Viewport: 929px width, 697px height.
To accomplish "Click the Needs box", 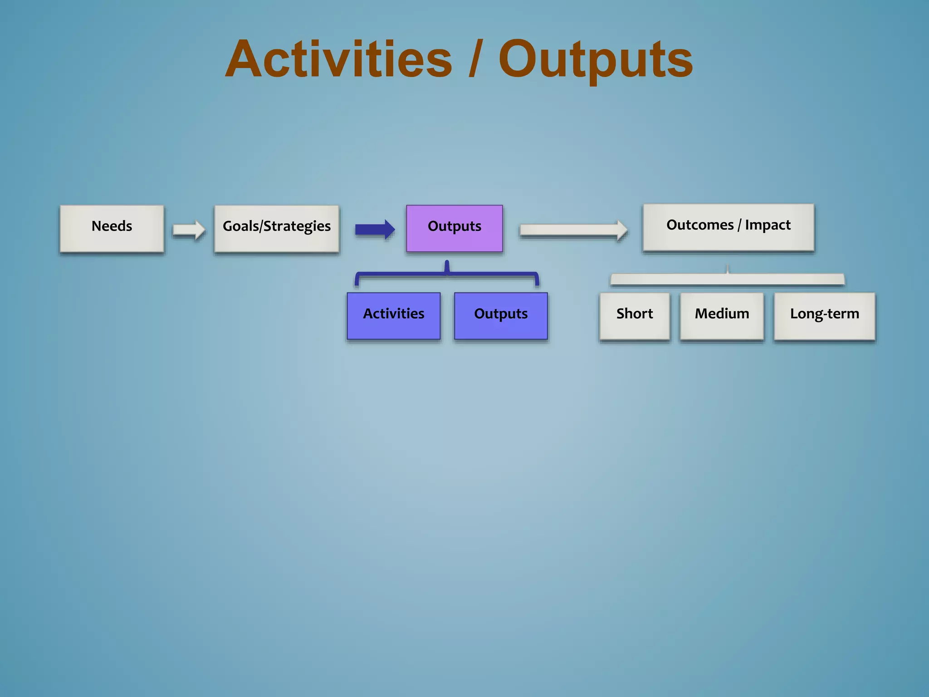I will click(112, 228).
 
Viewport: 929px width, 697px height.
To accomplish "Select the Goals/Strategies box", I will click(277, 228).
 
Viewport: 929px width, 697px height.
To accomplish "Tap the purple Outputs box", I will click(454, 228).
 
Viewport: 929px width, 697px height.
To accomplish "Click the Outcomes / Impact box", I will click(728, 227).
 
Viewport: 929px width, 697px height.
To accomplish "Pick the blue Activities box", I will click(393, 315).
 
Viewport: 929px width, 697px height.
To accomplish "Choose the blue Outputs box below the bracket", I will click(501, 315).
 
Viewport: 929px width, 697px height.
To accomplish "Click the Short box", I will click(634, 315).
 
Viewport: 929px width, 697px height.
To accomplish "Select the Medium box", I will click(721, 315).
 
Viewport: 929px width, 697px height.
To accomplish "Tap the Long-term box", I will click(824, 315).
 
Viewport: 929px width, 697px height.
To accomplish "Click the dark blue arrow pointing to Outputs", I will click(375, 229).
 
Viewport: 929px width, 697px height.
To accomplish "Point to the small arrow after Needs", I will click(189, 230).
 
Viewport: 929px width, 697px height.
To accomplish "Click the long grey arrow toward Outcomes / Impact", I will click(573, 230).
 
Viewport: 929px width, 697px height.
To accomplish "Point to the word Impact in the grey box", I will click(768, 225).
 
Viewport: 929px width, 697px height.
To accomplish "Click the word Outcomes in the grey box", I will click(699, 225).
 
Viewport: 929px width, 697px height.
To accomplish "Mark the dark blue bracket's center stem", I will click(447, 267).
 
